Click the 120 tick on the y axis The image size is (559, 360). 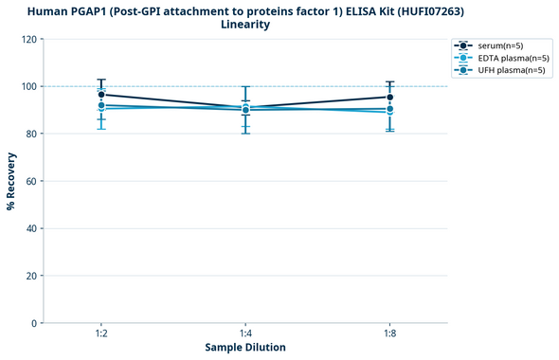click(30, 39)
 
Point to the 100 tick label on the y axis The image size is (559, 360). click(30, 86)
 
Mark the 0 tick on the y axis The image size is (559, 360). click(35, 323)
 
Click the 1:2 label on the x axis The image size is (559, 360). click(101, 334)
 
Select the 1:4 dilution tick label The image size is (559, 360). click(245, 334)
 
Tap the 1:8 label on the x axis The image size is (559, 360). click(389, 334)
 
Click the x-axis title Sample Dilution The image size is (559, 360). click(245, 348)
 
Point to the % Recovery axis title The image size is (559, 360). click(11, 181)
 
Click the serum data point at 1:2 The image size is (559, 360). click(101, 95)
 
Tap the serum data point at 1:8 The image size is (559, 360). click(389, 97)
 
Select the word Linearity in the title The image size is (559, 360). click(245, 25)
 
